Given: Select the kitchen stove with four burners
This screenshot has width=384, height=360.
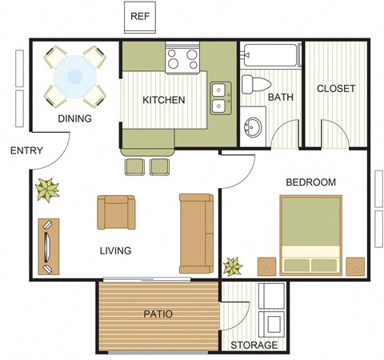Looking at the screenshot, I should (182, 58).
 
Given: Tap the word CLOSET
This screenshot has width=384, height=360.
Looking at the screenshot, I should (336, 88).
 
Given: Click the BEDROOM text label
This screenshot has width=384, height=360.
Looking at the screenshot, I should (310, 182).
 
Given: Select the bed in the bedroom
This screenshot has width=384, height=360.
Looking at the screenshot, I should (310, 235).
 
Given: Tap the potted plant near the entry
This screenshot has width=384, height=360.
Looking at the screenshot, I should (47, 189).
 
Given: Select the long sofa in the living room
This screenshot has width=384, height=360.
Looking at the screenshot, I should (196, 232).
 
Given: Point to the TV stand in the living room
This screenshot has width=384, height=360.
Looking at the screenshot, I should (48, 246).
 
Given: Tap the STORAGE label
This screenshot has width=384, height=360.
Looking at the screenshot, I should (254, 346).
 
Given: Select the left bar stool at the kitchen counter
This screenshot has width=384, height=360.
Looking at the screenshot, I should (134, 166).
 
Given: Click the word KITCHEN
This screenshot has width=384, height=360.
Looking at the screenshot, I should (164, 100).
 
